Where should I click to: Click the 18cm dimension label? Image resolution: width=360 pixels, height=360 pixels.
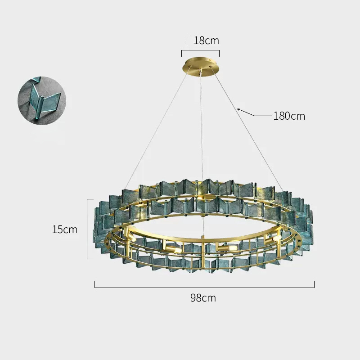[207, 40]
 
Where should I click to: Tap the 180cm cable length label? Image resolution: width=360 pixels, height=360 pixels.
[289, 116]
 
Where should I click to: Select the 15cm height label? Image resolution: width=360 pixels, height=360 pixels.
[65, 229]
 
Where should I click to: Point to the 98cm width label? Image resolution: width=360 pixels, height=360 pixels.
[203, 298]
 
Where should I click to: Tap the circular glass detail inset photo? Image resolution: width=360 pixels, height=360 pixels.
[42, 100]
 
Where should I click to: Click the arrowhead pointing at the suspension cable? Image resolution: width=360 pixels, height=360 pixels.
[239, 110]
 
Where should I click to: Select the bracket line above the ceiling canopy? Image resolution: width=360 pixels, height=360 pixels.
[200, 50]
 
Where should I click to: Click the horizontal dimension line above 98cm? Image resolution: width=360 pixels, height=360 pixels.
[204, 287]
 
